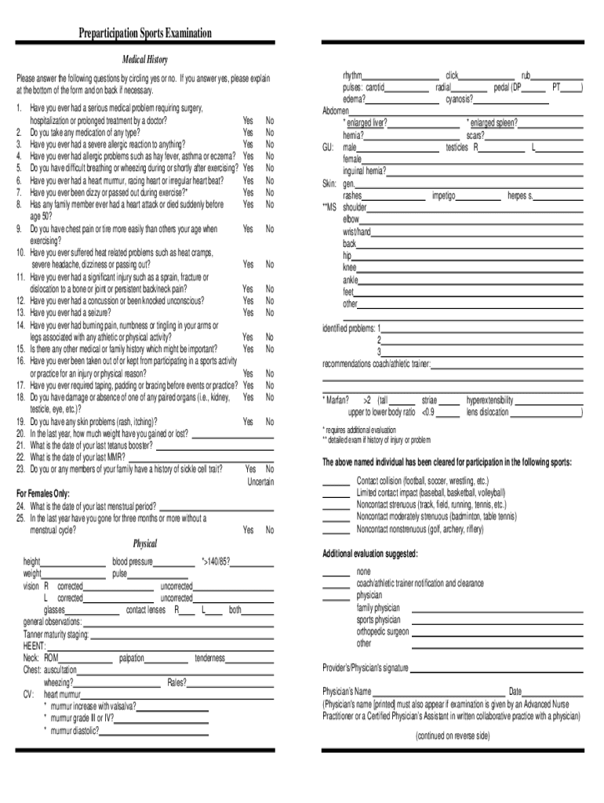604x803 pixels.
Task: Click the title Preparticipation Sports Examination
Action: [145, 33]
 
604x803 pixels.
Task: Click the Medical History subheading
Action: [145, 60]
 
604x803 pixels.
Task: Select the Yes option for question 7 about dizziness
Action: [248, 192]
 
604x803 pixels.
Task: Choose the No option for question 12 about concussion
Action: [269, 300]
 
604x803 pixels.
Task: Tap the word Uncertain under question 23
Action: [260, 481]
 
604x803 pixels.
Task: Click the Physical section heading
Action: [145, 543]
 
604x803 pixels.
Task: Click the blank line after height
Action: [73, 562]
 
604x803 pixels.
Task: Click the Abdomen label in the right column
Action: [336, 111]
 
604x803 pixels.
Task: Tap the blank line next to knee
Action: [469, 267]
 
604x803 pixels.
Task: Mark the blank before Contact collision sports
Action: [337, 481]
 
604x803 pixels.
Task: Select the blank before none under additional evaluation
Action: [337, 572]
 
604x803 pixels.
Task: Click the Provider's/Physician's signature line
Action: [497, 669]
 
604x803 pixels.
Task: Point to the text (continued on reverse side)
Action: [453, 736]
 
